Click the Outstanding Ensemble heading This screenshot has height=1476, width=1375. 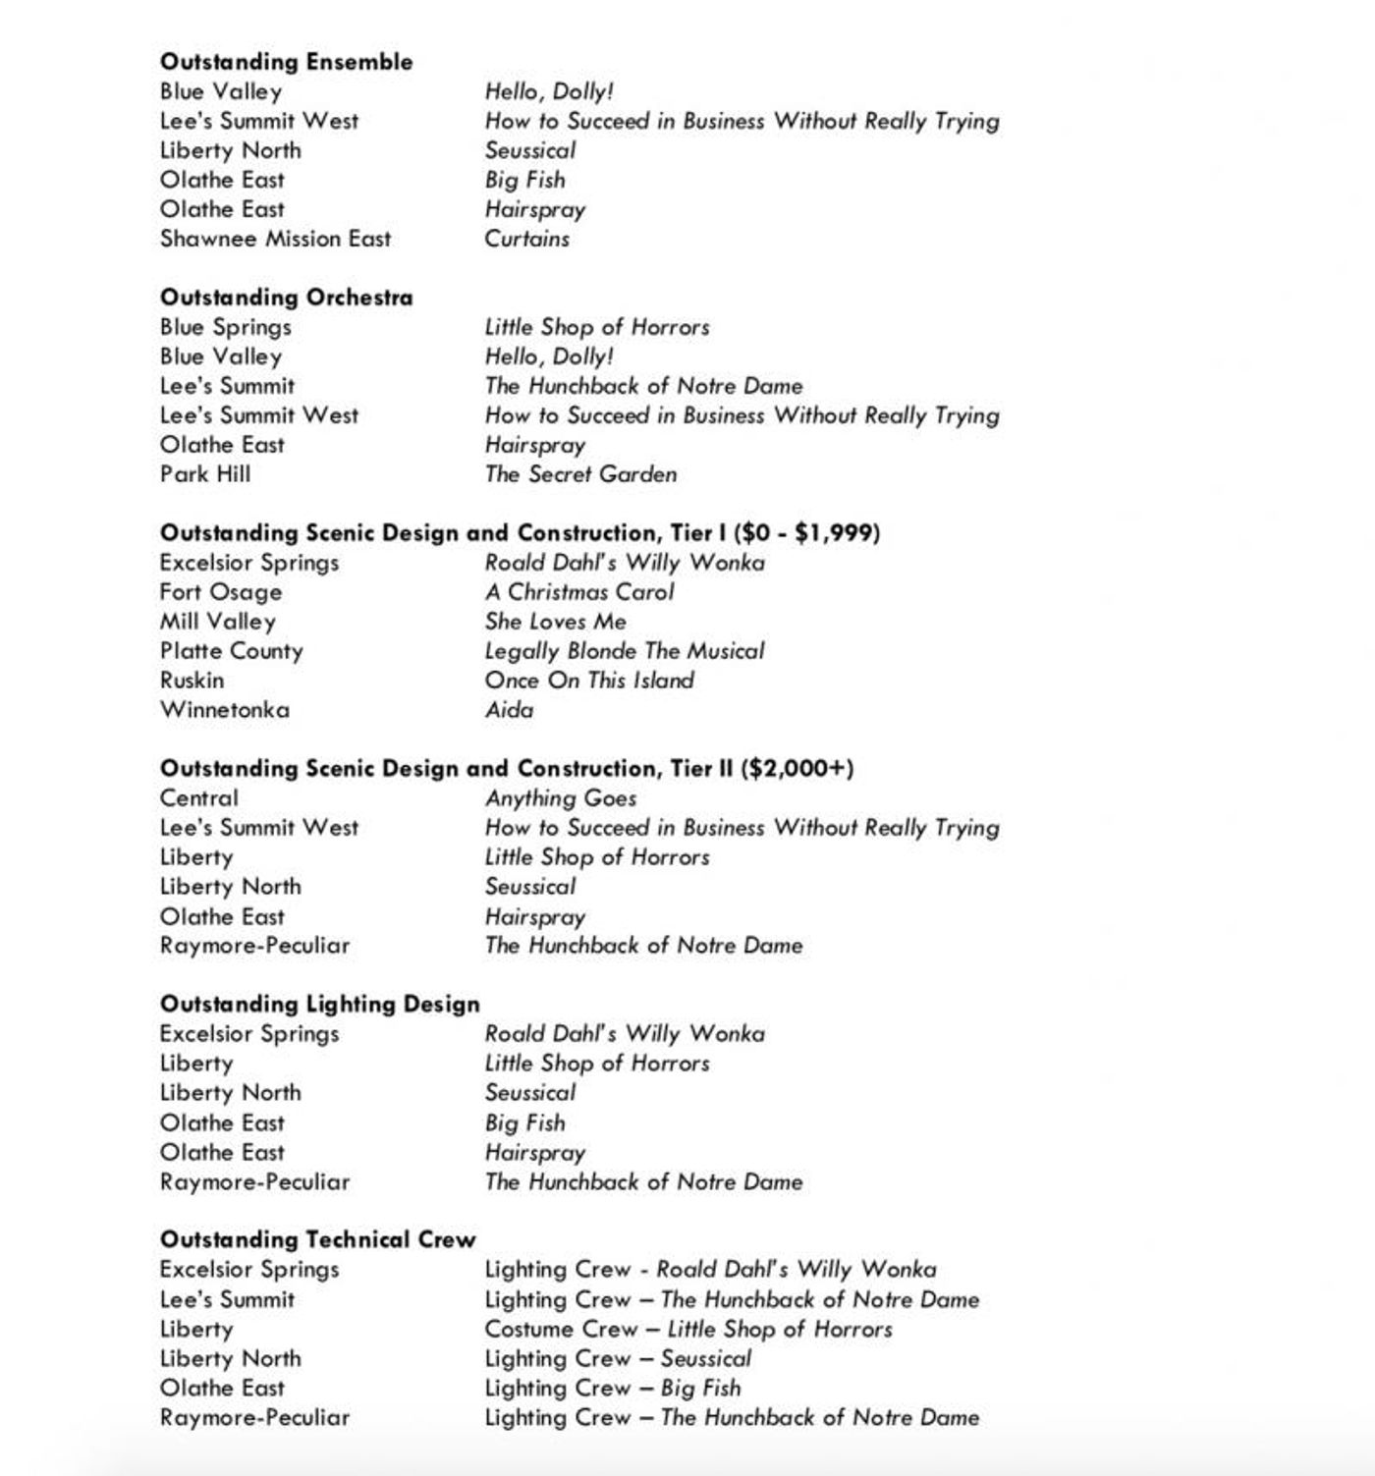pos(286,62)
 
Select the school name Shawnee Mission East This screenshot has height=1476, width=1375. pos(275,239)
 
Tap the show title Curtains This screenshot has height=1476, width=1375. pos(526,239)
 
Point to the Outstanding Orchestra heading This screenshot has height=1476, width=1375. pos(286,298)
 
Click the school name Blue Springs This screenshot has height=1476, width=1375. pos(226,327)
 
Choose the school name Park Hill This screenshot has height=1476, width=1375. pos(205,474)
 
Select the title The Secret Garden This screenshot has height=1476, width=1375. pos(580,474)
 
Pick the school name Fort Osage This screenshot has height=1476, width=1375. pos(221,592)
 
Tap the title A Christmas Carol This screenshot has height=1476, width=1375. pos(579,592)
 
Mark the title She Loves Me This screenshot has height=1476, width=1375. pos(555,622)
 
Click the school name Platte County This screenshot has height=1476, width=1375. pos(232,651)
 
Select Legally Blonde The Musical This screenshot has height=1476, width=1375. pos(624,651)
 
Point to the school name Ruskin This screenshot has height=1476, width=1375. pos(192,681)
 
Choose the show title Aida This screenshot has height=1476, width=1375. pos(509,710)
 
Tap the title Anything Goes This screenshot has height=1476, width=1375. pos(561,798)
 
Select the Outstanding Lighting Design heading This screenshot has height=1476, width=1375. pos(320,1005)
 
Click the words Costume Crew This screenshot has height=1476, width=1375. pos(561,1330)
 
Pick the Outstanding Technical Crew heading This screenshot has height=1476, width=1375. pos(317,1240)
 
